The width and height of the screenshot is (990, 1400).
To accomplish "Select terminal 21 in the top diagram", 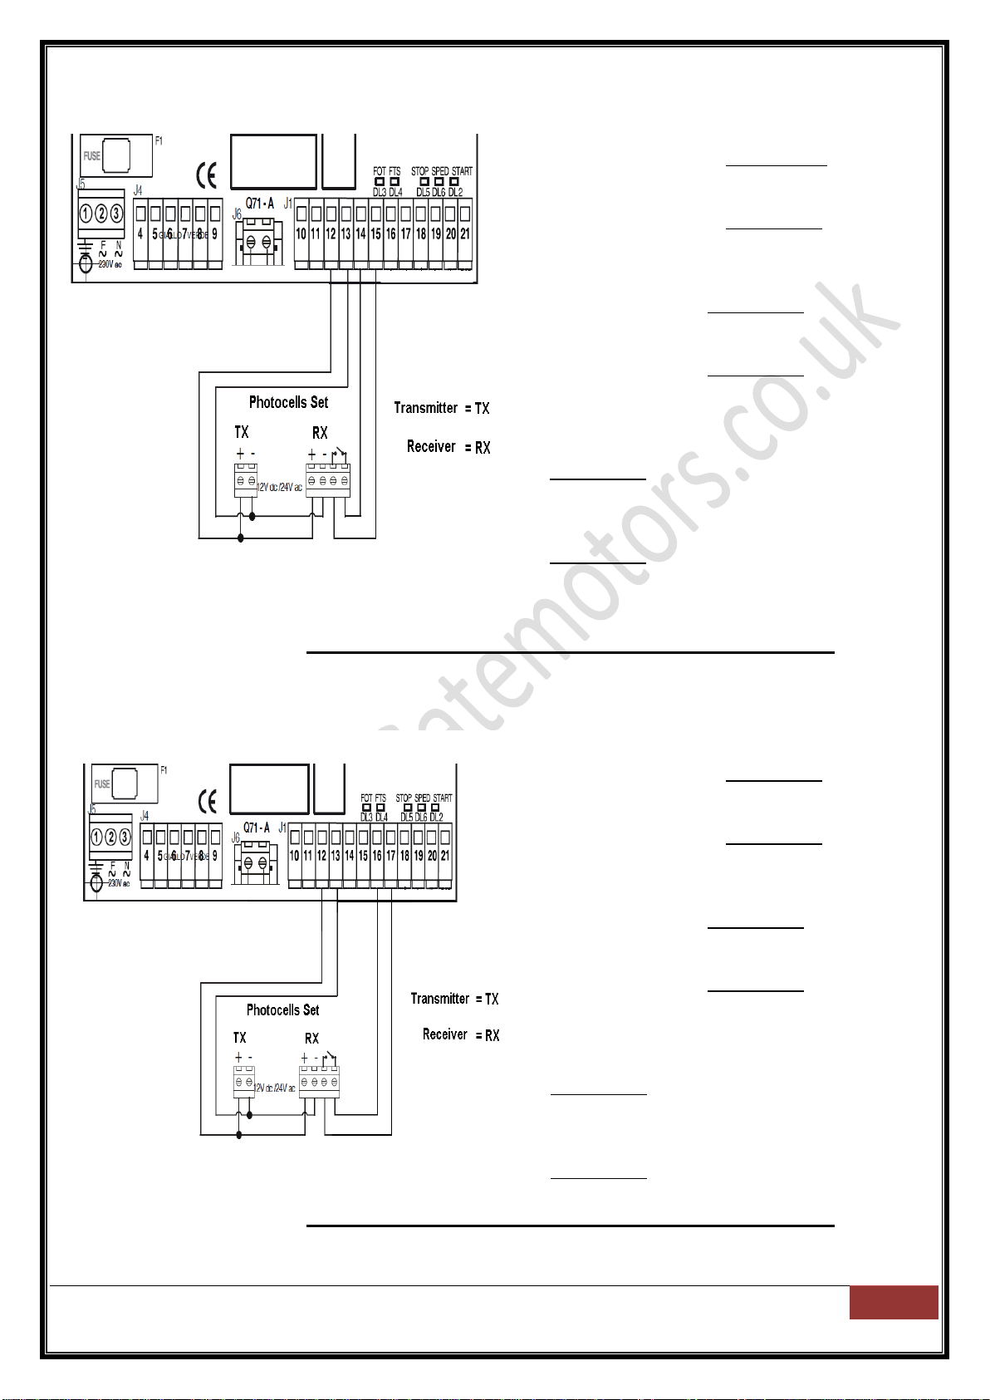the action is (465, 233).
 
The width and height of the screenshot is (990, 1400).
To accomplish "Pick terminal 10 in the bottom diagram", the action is (294, 855).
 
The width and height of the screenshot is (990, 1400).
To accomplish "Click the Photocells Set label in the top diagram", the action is (288, 402).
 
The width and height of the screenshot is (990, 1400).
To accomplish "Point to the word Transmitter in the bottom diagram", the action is (439, 999).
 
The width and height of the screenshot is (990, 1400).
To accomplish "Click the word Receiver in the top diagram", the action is (431, 447).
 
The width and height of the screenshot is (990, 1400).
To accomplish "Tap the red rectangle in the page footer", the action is (893, 1302).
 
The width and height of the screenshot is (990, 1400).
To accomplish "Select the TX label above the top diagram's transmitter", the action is (241, 432).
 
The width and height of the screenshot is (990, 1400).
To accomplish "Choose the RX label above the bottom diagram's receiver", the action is (311, 1039).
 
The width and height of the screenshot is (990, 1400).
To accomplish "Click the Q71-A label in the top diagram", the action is (259, 204).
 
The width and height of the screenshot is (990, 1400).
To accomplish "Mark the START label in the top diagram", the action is (462, 171).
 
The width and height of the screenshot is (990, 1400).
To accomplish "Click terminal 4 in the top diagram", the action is (140, 233).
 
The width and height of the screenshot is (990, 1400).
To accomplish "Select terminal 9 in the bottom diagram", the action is (214, 855).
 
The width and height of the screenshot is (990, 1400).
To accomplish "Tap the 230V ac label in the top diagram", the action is (110, 264).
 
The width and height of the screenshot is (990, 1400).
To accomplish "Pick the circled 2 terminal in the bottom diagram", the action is (110, 838).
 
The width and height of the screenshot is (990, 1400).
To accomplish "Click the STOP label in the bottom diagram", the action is (404, 798).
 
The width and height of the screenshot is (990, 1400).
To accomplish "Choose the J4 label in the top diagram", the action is (138, 191).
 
